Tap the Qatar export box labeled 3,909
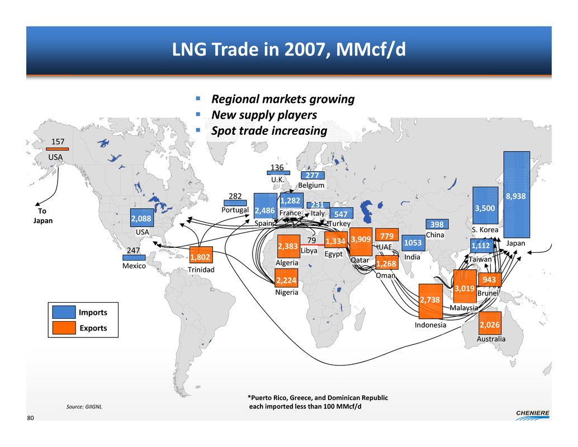pos(361,242)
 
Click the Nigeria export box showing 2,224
pos(286,277)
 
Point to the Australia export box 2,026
pos(490,323)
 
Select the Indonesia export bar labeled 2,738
pos(430,300)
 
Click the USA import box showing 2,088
pos(141,217)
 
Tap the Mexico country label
pos(134,267)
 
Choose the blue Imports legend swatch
pos(64,312)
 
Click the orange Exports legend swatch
pos(64,328)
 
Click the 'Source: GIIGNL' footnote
pos(85,407)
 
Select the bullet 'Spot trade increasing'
pos(268,131)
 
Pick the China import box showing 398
pos(437,224)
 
